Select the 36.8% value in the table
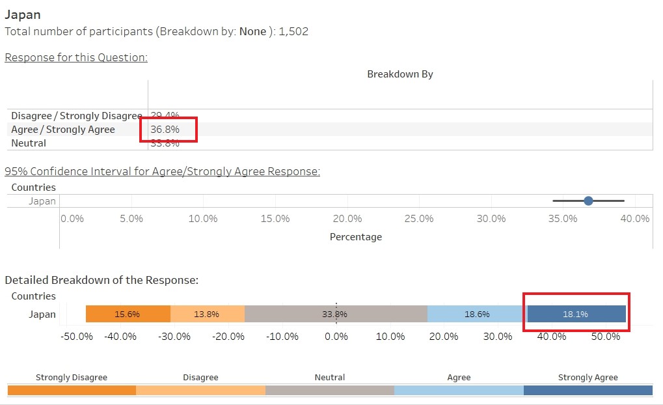tap(165, 130)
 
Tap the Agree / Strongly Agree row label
tap(63, 130)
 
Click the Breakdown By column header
tap(399, 74)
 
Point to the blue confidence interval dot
tap(588, 201)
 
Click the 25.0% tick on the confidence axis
tap(419, 219)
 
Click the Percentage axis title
tap(356, 237)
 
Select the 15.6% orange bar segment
tap(128, 314)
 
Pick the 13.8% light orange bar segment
tap(207, 314)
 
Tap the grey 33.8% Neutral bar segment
tap(335, 314)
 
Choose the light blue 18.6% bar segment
tap(476, 314)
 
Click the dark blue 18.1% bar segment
tap(576, 314)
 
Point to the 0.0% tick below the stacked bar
tap(336, 337)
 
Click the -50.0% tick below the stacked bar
tap(77, 337)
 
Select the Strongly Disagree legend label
tap(72, 378)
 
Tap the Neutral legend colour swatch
tap(330, 390)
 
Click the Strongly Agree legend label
tap(588, 378)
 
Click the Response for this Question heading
tap(76, 57)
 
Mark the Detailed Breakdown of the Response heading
tap(101, 280)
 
